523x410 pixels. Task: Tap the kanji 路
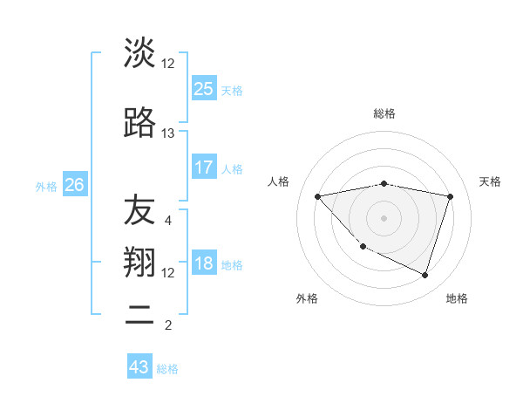pos(139,123)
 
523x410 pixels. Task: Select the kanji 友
pos(139,209)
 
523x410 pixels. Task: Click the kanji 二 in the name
pos(139,314)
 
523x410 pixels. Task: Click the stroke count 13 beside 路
pos(168,133)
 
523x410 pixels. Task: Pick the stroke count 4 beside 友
pos(168,220)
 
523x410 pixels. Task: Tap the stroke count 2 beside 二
pos(168,325)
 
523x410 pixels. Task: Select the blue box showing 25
pos(204,88)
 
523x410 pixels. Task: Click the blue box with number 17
pos(204,167)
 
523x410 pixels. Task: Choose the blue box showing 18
pos(204,263)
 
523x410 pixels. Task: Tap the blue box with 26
pos(75,185)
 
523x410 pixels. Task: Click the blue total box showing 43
pos(139,367)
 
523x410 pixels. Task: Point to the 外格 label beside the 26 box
pos(47,186)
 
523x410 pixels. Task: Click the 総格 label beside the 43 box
pos(168,368)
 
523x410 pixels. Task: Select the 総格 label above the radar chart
pos(384,113)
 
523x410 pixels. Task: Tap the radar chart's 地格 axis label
pos(457,298)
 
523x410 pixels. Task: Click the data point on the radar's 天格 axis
pos(450,196)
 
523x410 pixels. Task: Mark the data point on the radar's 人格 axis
pos(317,196)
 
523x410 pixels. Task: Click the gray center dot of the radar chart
pos(384,217)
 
